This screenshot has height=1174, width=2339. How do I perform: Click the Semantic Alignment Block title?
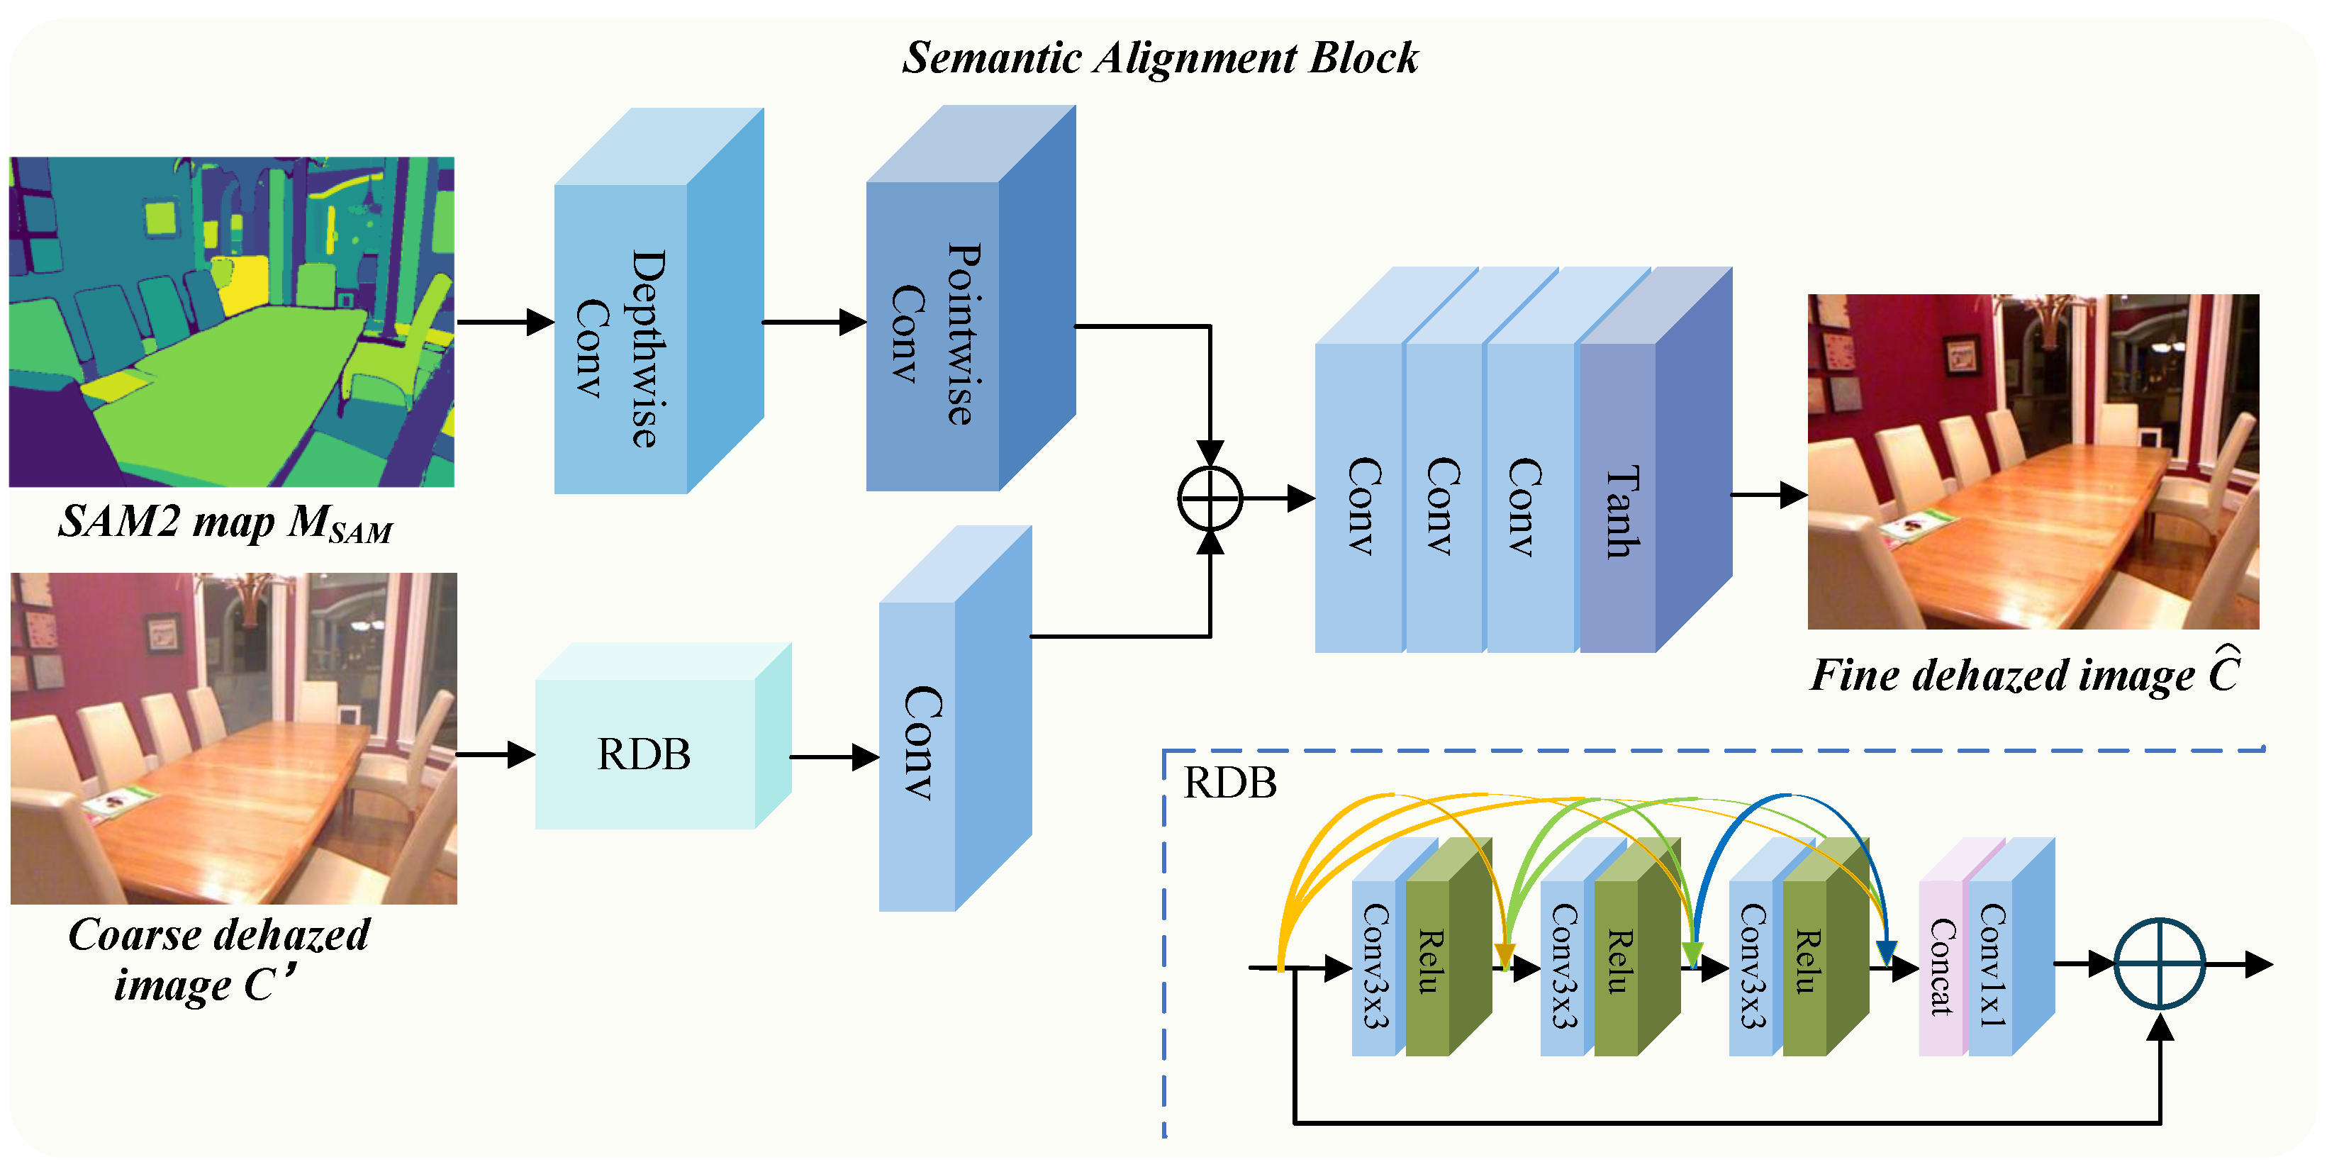click(x=1159, y=58)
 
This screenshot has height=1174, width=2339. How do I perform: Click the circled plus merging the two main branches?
click(x=1210, y=498)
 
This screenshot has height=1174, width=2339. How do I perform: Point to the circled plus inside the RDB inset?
click(x=2159, y=964)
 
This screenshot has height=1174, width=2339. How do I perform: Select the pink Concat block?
click(x=1941, y=966)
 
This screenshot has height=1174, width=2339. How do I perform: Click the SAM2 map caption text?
click(x=225, y=524)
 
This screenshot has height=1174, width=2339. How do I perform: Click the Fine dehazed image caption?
click(x=2025, y=675)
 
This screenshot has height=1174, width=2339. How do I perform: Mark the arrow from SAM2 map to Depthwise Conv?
click(x=504, y=321)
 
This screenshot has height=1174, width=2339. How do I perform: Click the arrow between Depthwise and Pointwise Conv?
click(x=813, y=321)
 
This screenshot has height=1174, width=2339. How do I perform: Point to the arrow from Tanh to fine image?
click(x=1769, y=495)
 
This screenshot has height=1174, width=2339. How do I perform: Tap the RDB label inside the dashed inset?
click(x=1229, y=783)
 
